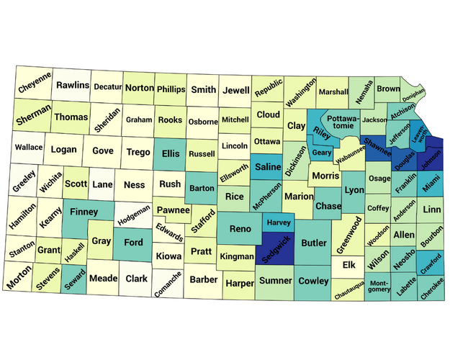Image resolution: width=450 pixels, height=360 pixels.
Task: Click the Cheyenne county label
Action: tap(35, 86)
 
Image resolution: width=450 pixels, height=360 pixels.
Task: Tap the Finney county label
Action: tap(84, 212)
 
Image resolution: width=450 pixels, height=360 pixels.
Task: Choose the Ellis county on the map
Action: tap(170, 153)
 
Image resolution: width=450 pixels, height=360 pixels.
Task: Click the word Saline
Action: tap(268, 167)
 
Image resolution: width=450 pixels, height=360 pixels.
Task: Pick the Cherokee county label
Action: tap(433, 287)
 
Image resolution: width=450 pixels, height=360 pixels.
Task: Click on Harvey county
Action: tap(278, 223)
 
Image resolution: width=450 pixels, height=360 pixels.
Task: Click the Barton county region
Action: tap(201, 189)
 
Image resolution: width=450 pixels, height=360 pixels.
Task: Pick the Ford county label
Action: tap(133, 243)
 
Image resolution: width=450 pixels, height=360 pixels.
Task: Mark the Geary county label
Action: tap(320, 153)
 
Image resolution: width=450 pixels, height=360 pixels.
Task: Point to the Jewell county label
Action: tap(236, 91)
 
